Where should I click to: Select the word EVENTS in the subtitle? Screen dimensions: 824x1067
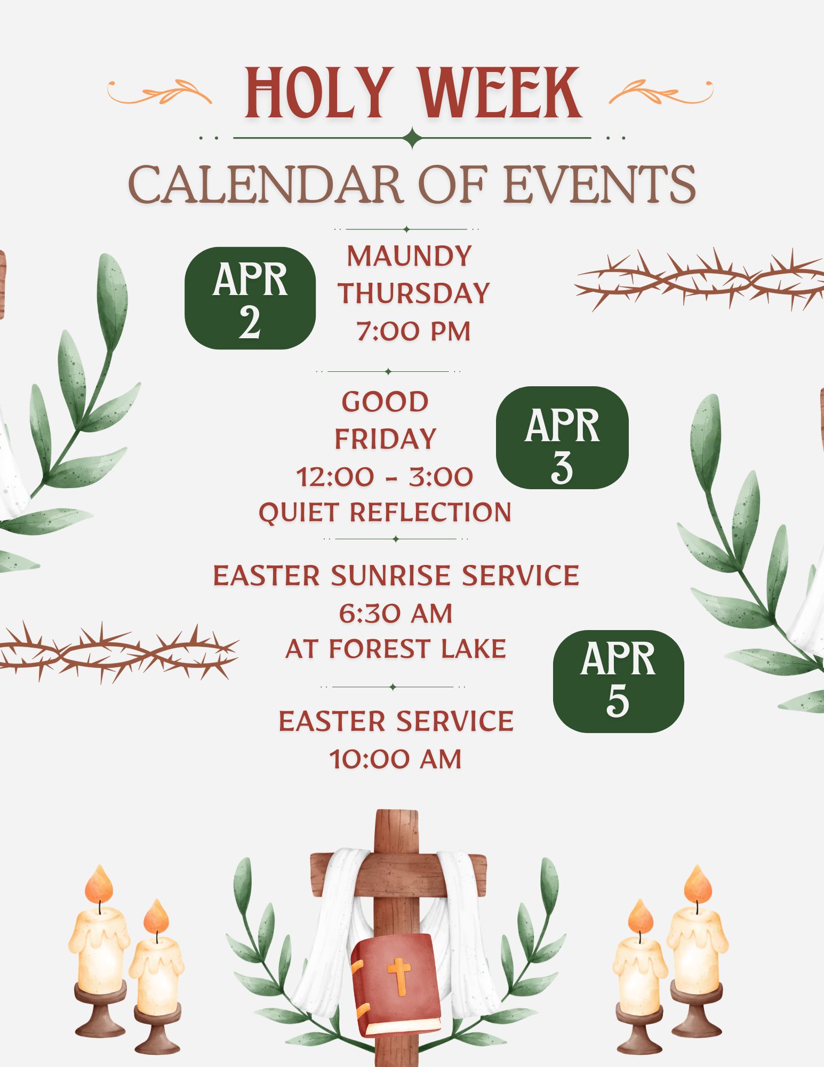pos(599,184)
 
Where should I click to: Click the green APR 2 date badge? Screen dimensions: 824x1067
pos(250,298)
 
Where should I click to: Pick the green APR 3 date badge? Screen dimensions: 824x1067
pos(562,437)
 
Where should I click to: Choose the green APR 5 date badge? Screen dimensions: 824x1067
pos(618,681)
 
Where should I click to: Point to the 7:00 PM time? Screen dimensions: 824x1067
pos(413,331)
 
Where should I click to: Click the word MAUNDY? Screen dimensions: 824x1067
pos(410,256)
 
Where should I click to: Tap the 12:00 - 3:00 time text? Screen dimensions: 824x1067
pos(385,476)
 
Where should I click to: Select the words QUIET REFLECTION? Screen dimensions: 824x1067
pos(385,512)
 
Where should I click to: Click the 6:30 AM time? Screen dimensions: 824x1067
pos(396,614)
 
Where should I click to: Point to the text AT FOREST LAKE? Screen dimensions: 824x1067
pos(396,649)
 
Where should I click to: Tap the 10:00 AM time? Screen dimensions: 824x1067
pos(396,759)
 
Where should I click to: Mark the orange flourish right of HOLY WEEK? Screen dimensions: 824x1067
pos(661,92)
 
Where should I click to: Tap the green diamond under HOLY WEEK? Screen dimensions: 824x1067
pos(412,138)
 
